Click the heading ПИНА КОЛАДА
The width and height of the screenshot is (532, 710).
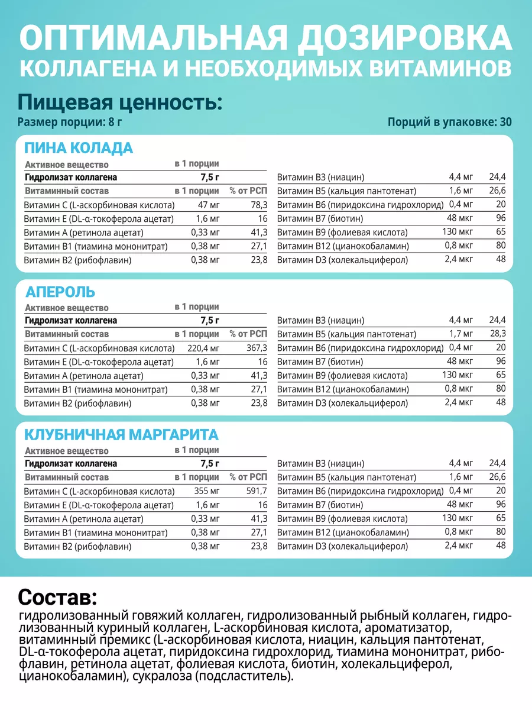[78, 148]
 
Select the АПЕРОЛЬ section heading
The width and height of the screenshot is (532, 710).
[60, 292]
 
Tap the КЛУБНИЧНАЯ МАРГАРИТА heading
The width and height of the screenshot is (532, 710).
[121, 435]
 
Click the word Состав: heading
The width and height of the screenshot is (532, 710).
[57, 595]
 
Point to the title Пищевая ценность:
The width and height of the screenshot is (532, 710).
[120, 102]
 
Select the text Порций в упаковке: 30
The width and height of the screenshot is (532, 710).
[450, 122]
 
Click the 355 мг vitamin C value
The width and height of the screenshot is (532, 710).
[207, 491]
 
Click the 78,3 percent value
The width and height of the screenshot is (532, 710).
[258, 205]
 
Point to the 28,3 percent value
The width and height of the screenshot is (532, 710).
[497, 334]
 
